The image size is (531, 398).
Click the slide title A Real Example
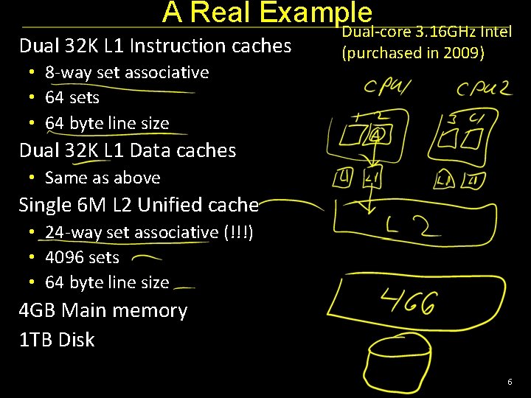[267, 13]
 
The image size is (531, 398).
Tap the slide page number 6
[509, 382]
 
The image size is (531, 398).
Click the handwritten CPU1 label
[387, 88]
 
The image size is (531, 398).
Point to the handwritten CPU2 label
[482, 90]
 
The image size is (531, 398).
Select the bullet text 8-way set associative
[127, 72]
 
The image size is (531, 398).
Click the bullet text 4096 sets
[82, 257]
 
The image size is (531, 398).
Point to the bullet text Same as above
[103, 178]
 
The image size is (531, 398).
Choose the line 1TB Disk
[57, 340]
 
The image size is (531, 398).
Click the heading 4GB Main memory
[103, 310]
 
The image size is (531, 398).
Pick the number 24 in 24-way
[53, 232]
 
